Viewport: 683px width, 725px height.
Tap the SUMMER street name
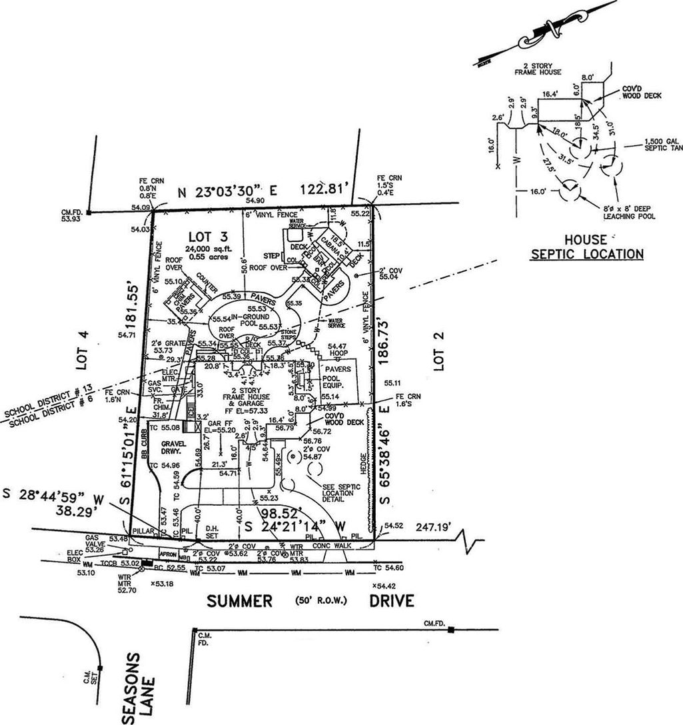[239, 601]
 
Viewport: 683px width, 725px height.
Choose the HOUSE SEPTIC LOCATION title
[586, 247]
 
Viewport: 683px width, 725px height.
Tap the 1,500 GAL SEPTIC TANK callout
[660, 146]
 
